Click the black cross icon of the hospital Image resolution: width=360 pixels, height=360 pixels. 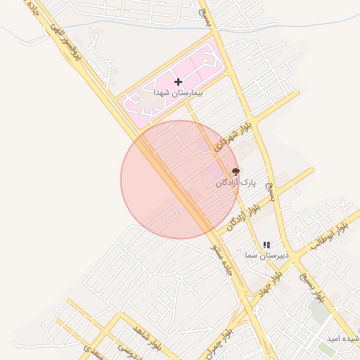179,82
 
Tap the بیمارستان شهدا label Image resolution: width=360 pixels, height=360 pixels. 179,93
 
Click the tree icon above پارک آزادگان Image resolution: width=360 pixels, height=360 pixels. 236,172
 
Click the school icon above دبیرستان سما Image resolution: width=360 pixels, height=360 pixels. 266,245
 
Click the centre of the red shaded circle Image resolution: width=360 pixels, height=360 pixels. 180,179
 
